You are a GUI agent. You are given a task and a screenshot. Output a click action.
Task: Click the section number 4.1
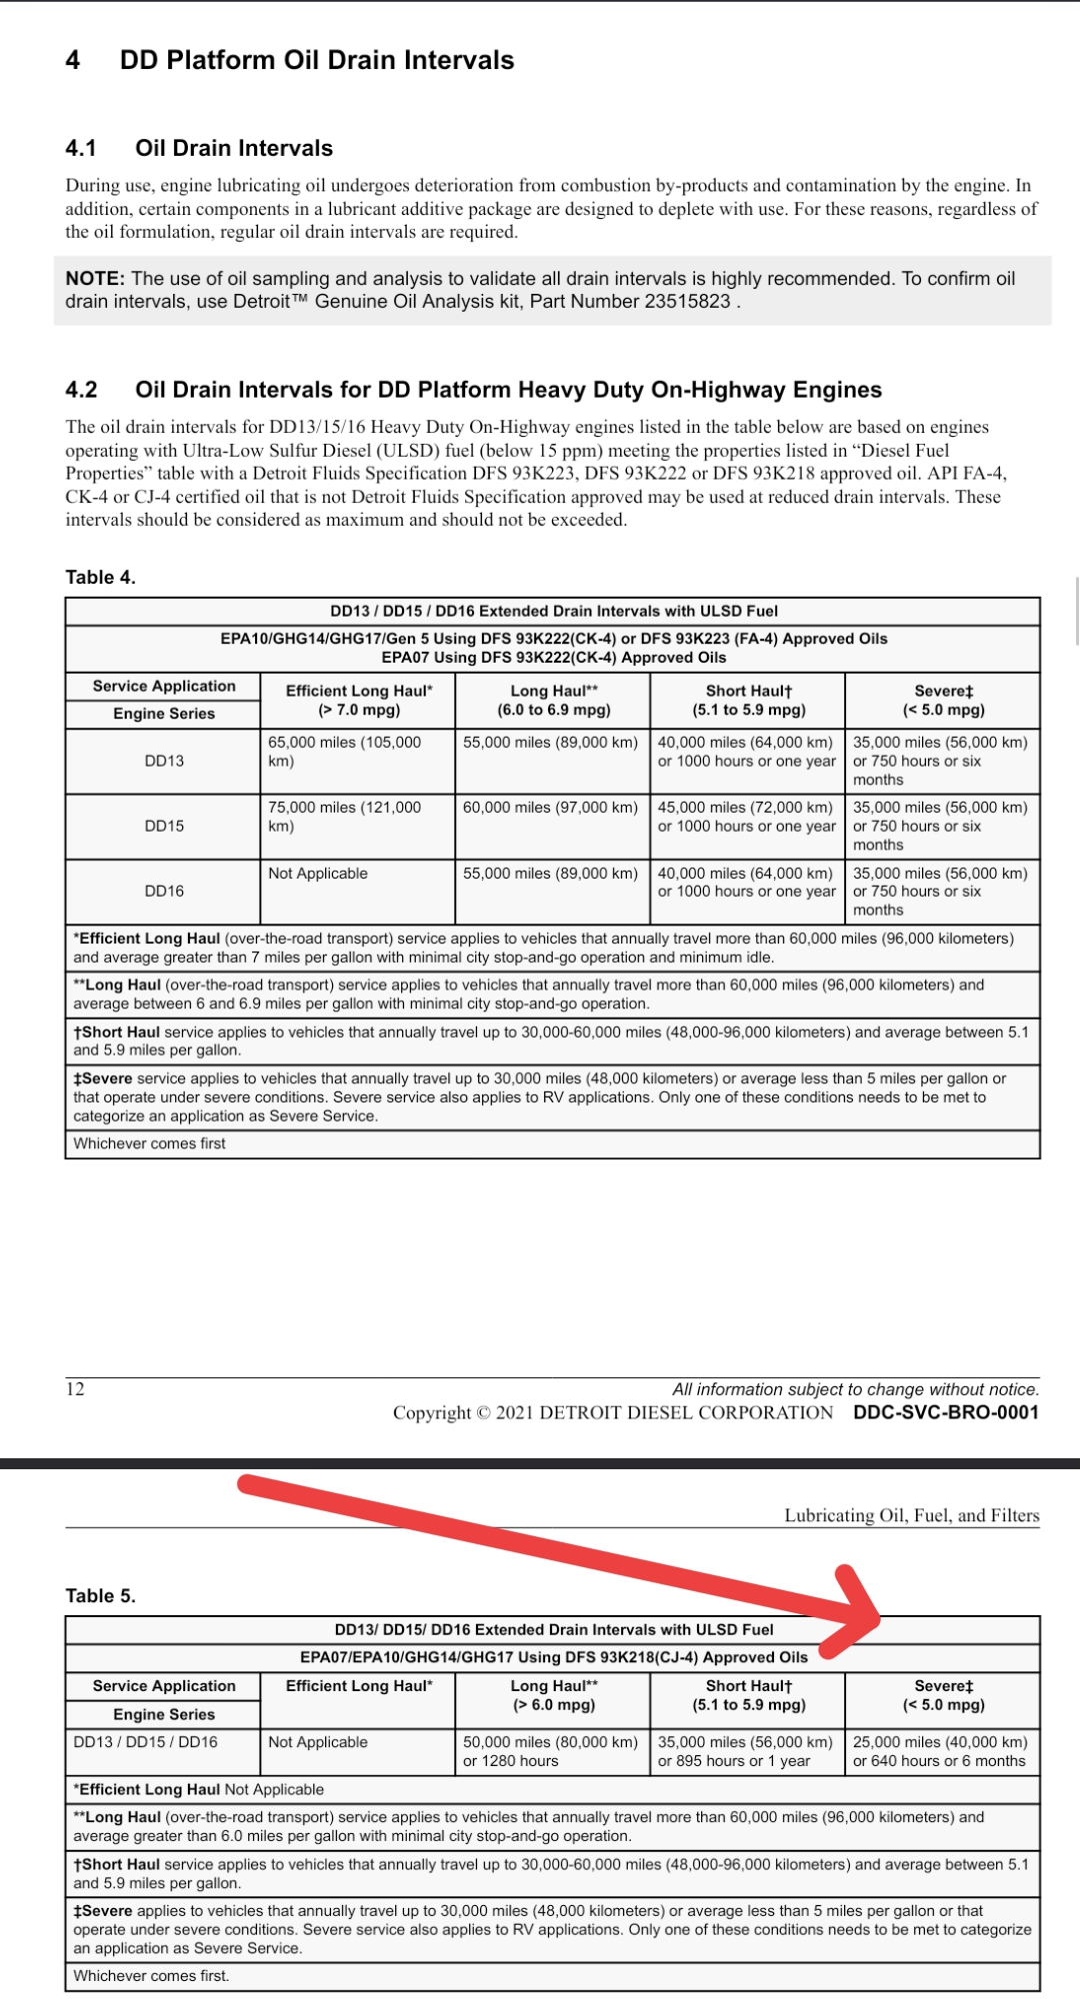pos(81,149)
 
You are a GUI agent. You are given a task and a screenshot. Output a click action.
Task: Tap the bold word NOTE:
pos(95,279)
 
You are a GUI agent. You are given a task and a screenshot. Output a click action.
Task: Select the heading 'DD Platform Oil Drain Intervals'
pos(316,61)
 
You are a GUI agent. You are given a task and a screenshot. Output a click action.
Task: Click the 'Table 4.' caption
pos(100,578)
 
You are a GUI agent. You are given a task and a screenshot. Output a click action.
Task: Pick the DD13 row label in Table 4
pos(164,762)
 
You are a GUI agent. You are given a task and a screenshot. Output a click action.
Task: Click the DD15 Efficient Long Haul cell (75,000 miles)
pos(345,817)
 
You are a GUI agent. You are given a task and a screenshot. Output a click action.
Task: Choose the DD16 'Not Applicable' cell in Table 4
pos(318,874)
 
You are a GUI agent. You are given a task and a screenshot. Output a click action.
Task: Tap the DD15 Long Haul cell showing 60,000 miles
pos(550,808)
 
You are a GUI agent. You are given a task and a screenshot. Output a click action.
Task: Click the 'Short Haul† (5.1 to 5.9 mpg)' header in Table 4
pos(748,701)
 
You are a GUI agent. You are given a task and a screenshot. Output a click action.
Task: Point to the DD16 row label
pos(164,892)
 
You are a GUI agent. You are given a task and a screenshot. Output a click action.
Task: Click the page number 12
pos(75,1389)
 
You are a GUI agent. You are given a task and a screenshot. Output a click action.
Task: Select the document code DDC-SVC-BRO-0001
pos(945,1413)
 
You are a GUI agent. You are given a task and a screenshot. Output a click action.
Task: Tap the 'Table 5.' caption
pos(100,1596)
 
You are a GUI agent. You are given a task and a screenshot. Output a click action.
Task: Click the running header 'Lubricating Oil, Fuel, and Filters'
pos(911,1516)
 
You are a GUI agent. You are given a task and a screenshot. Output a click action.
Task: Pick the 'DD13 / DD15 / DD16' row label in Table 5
pos(145,1742)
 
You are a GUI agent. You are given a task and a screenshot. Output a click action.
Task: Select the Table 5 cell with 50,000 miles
pos(550,1751)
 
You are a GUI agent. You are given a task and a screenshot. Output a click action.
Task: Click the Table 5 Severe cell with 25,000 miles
pos(939,1751)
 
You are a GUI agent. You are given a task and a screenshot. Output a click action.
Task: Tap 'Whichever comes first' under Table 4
pos(149,1143)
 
